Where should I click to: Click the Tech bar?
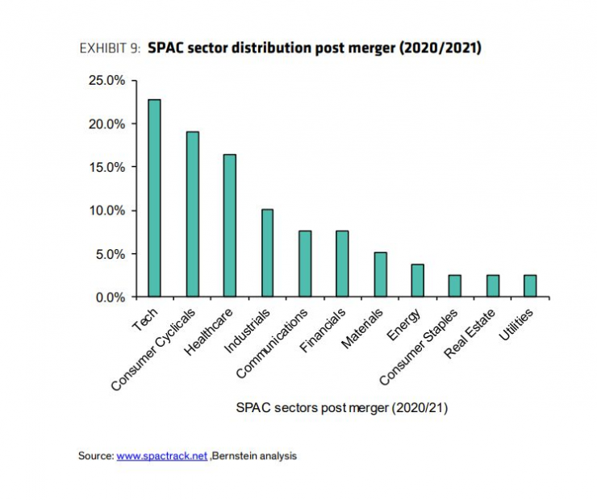click(x=154, y=198)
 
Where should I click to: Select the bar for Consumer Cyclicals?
click(x=192, y=215)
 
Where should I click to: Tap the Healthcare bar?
click(x=230, y=226)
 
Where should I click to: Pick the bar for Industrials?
click(x=267, y=253)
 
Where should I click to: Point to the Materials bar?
click(x=380, y=275)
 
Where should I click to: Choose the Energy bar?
click(x=417, y=281)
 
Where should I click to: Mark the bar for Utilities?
click(x=530, y=286)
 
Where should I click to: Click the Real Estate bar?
click(x=492, y=286)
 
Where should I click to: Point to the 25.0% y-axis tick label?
click(x=106, y=81)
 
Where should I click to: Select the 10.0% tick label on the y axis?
click(x=106, y=210)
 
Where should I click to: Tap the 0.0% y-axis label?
click(x=109, y=297)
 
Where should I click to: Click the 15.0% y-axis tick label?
click(x=106, y=167)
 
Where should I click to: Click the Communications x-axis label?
click(x=273, y=343)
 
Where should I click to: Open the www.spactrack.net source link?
click(x=162, y=456)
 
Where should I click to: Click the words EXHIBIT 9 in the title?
click(x=110, y=48)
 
